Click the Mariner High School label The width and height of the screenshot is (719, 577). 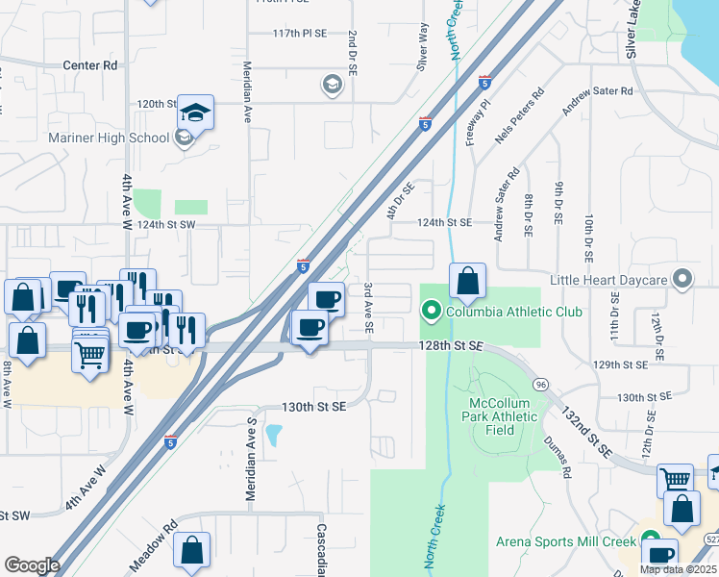(108, 138)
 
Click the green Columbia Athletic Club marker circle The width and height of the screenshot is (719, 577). (431, 311)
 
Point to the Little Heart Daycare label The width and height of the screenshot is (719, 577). (607, 280)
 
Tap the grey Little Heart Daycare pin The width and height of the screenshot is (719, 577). (682, 279)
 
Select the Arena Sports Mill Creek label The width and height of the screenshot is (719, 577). (566, 541)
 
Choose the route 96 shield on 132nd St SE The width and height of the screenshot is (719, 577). (542, 384)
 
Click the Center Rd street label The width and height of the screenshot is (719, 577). (89, 65)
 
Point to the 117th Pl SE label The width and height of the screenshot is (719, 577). (299, 33)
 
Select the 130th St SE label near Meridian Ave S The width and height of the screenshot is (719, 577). (313, 407)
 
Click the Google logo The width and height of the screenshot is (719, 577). (32, 565)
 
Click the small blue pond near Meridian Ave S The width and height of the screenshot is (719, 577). (274, 436)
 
